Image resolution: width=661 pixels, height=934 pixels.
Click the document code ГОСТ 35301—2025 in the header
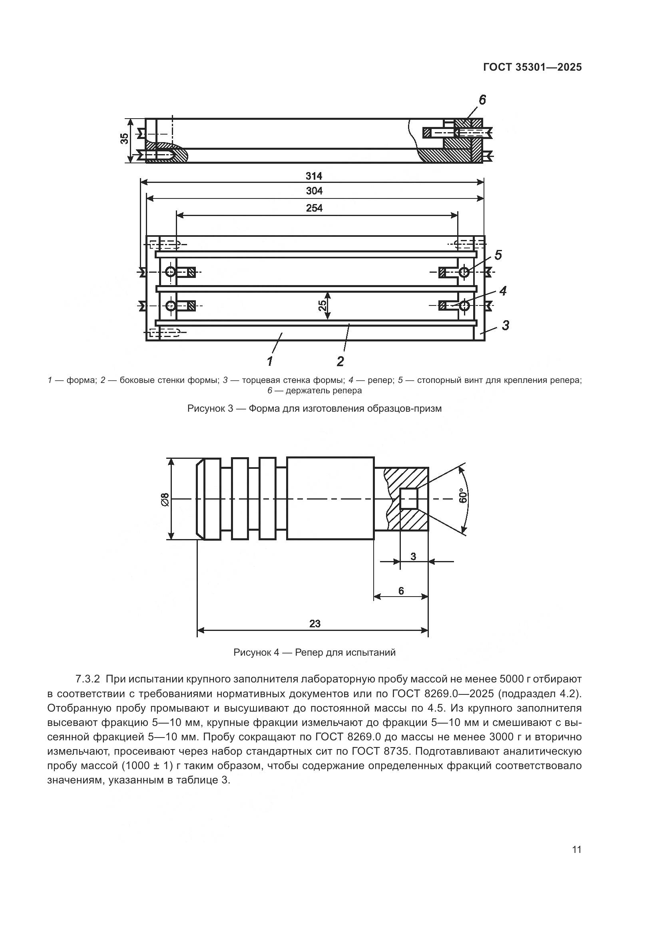pyautogui.click(x=532, y=67)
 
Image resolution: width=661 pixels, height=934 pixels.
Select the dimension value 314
pyautogui.click(x=314, y=176)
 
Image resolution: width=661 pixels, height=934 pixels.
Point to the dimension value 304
pyautogui.click(x=314, y=191)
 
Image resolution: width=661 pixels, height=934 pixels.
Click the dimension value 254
pyautogui.click(x=314, y=208)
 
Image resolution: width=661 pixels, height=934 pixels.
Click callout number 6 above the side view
pyautogui.click(x=482, y=100)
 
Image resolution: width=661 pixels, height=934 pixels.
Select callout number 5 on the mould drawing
pyautogui.click(x=498, y=256)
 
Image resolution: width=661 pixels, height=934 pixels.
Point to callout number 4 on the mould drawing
pyautogui.click(x=503, y=291)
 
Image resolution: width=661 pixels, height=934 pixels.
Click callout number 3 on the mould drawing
pyautogui.click(x=505, y=325)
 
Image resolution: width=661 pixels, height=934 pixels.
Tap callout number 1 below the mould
pyautogui.click(x=269, y=361)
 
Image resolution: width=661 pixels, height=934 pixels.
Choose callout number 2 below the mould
pyautogui.click(x=340, y=361)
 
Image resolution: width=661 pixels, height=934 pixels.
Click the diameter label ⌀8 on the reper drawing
pyautogui.click(x=165, y=499)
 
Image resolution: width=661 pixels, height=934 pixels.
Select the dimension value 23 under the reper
pyautogui.click(x=315, y=624)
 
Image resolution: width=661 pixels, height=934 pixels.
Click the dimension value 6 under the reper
pyautogui.click(x=401, y=591)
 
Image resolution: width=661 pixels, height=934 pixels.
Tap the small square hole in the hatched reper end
pyautogui.click(x=408, y=499)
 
